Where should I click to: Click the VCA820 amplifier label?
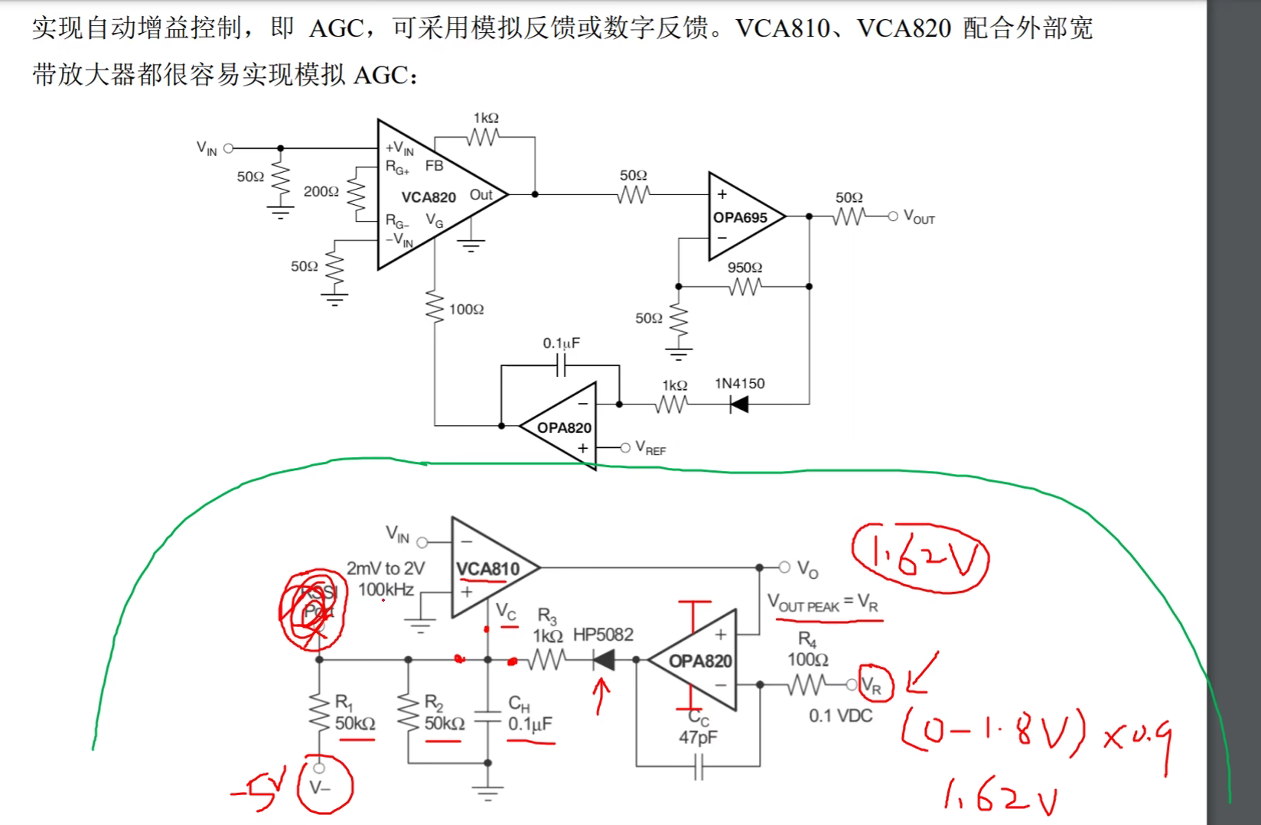click(428, 197)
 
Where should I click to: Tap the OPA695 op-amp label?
click(740, 218)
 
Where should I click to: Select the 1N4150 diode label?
click(739, 383)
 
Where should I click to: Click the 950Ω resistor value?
click(745, 268)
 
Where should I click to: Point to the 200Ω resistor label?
click(321, 191)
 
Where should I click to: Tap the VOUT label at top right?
click(919, 217)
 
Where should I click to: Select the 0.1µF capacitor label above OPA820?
click(561, 343)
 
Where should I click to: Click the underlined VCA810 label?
click(487, 569)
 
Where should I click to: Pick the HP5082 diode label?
click(603, 635)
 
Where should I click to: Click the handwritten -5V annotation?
click(253, 791)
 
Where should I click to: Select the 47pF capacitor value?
click(698, 737)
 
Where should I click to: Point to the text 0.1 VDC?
click(840, 716)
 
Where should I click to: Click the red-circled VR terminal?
click(873, 685)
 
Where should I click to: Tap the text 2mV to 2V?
click(385, 569)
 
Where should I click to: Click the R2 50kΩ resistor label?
click(444, 713)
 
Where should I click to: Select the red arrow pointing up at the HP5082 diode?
click(601, 695)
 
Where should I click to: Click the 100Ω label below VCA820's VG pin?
click(466, 310)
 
